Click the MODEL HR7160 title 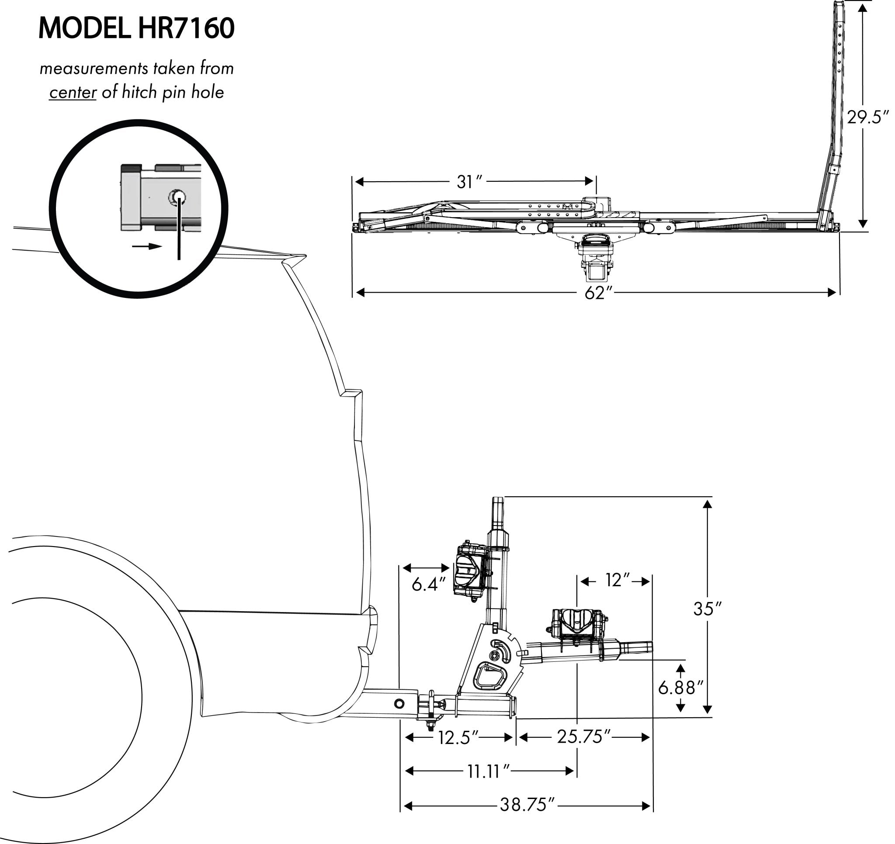pos(136,28)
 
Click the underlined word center pos(73,92)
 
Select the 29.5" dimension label pos(868,118)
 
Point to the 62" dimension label pos(597,293)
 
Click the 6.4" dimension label pos(428,585)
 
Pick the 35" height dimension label pos(707,609)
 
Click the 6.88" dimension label pos(680,688)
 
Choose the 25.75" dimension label pos(583,737)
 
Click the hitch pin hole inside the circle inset pos(177,196)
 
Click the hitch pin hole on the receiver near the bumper pos(399,704)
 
